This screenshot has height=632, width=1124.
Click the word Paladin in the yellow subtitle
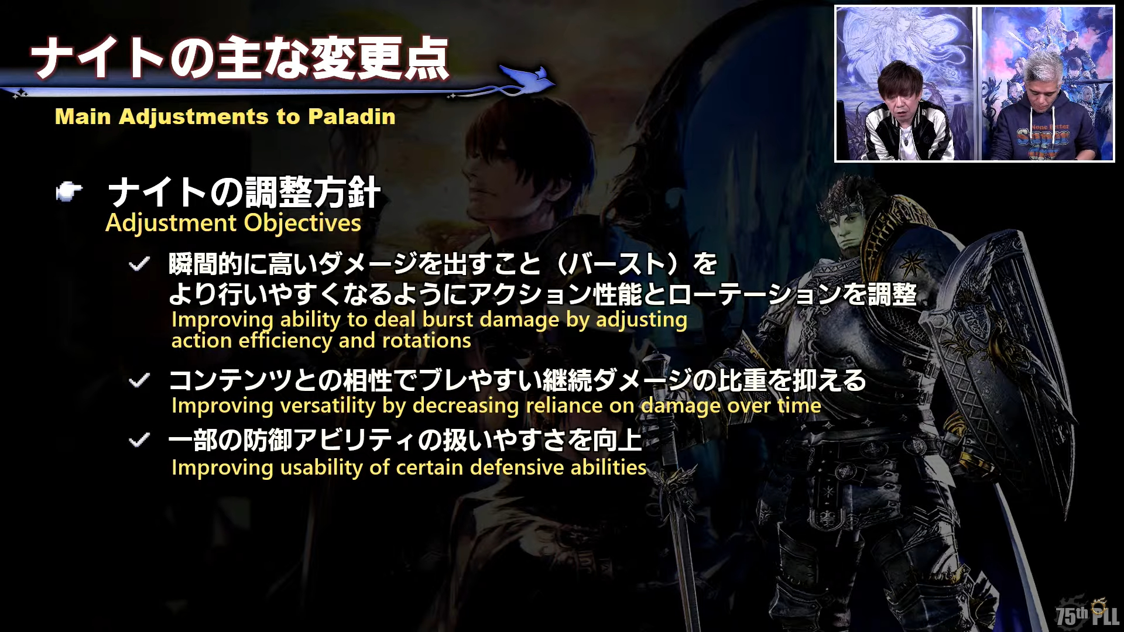coord(352,116)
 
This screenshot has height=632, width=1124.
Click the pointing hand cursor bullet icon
coord(69,191)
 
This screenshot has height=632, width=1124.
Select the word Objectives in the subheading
coord(303,223)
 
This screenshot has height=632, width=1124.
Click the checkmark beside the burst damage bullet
coord(139,265)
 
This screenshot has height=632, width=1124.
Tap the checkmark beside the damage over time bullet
coord(139,381)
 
